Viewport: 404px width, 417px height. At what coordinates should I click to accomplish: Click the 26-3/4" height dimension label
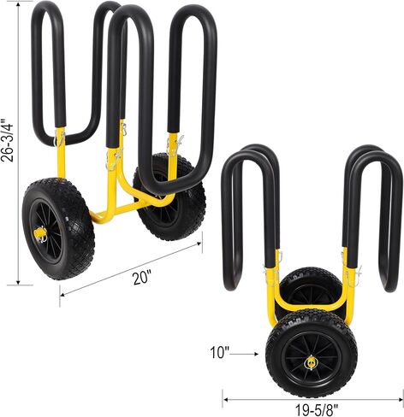pos(7,140)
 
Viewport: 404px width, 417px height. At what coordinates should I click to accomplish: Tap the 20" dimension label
pos(141,278)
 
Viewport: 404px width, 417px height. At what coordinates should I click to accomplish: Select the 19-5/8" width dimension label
pos(316,410)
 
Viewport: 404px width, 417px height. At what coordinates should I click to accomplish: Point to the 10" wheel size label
pos(220,352)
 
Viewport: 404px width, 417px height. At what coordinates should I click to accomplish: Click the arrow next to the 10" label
pos(244,354)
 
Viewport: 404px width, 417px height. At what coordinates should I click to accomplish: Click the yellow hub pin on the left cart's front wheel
pos(40,233)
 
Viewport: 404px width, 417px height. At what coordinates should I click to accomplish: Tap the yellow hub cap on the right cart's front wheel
pos(311,363)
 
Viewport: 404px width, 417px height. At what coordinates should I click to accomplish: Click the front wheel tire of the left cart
pos(58,228)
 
